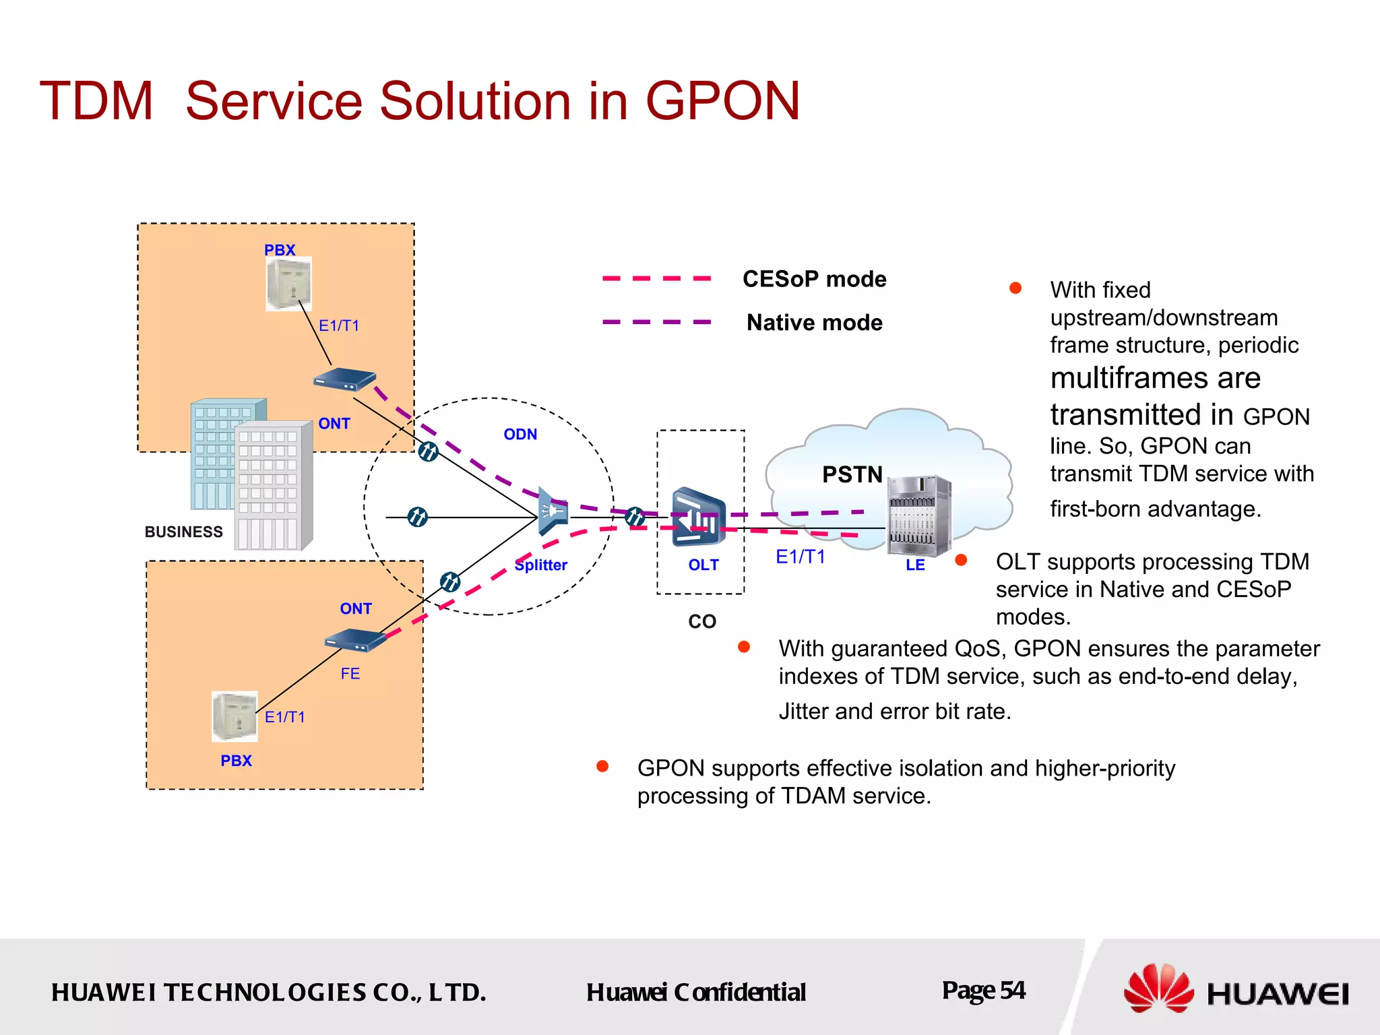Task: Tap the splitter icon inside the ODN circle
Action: (x=553, y=512)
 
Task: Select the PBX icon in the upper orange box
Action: (x=288, y=285)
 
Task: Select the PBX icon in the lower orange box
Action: (x=234, y=716)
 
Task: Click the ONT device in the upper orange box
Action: (x=344, y=380)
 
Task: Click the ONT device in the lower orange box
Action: (x=355, y=639)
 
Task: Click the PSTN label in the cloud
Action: (x=852, y=474)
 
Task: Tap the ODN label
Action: (x=520, y=435)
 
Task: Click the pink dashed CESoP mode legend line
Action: (x=656, y=278)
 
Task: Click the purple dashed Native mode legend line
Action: (x=656, y=322)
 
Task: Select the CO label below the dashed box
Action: (x=701, y=621)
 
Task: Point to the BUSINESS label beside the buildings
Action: (x=183, y=532)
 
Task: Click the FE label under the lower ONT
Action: (x=350, y=673)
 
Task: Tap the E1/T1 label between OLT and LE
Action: (x=800, y=557)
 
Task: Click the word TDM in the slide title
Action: (x=96, y=101)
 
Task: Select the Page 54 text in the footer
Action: (x=983, y=991)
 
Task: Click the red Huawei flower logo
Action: (x=1158, y=989)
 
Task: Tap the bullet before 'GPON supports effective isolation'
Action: (x=602, y=766)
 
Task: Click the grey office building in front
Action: (x=273, y=485)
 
